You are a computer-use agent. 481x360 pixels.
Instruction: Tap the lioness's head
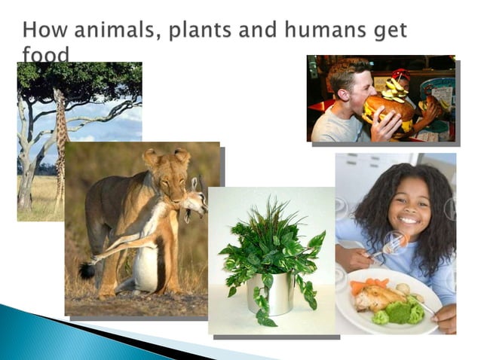tap(168, 172)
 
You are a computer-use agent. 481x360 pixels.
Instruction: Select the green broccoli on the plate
tap(404, 312)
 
